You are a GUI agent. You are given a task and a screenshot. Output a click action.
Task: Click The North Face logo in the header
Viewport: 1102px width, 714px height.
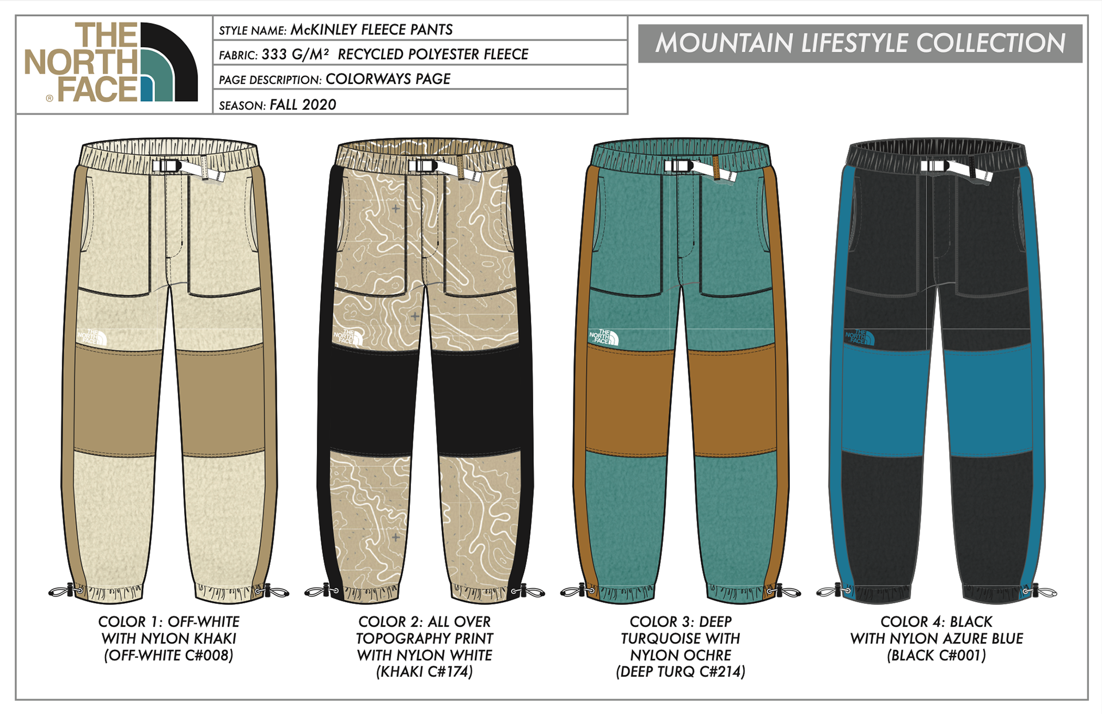click(111, 63)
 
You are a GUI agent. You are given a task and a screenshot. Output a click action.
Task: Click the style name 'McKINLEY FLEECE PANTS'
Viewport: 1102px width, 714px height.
click(371, 30)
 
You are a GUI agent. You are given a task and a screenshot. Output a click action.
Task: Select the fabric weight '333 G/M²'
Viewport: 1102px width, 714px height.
click(295, 55)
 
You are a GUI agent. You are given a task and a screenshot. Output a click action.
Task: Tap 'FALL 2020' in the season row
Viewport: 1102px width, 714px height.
click(302, 105)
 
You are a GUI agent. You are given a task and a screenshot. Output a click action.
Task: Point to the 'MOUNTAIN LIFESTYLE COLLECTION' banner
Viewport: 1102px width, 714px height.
click(860, 43)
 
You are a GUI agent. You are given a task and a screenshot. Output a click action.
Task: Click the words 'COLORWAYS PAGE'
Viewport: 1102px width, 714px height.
click(388, 79)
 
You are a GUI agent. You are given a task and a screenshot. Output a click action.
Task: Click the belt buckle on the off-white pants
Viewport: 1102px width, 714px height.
click(166, 166)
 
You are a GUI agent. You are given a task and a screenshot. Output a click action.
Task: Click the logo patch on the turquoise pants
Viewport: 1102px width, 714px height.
click(604, 337)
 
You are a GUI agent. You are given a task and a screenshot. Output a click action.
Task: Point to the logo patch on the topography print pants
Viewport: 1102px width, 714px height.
click(348, 337)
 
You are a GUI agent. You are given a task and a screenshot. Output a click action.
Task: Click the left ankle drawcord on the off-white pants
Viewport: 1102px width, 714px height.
click(65, 591)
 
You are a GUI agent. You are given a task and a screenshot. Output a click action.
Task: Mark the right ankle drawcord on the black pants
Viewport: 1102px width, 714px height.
click(1040, 591)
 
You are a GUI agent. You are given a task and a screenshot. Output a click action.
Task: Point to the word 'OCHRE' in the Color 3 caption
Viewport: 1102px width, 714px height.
click(709, 655)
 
